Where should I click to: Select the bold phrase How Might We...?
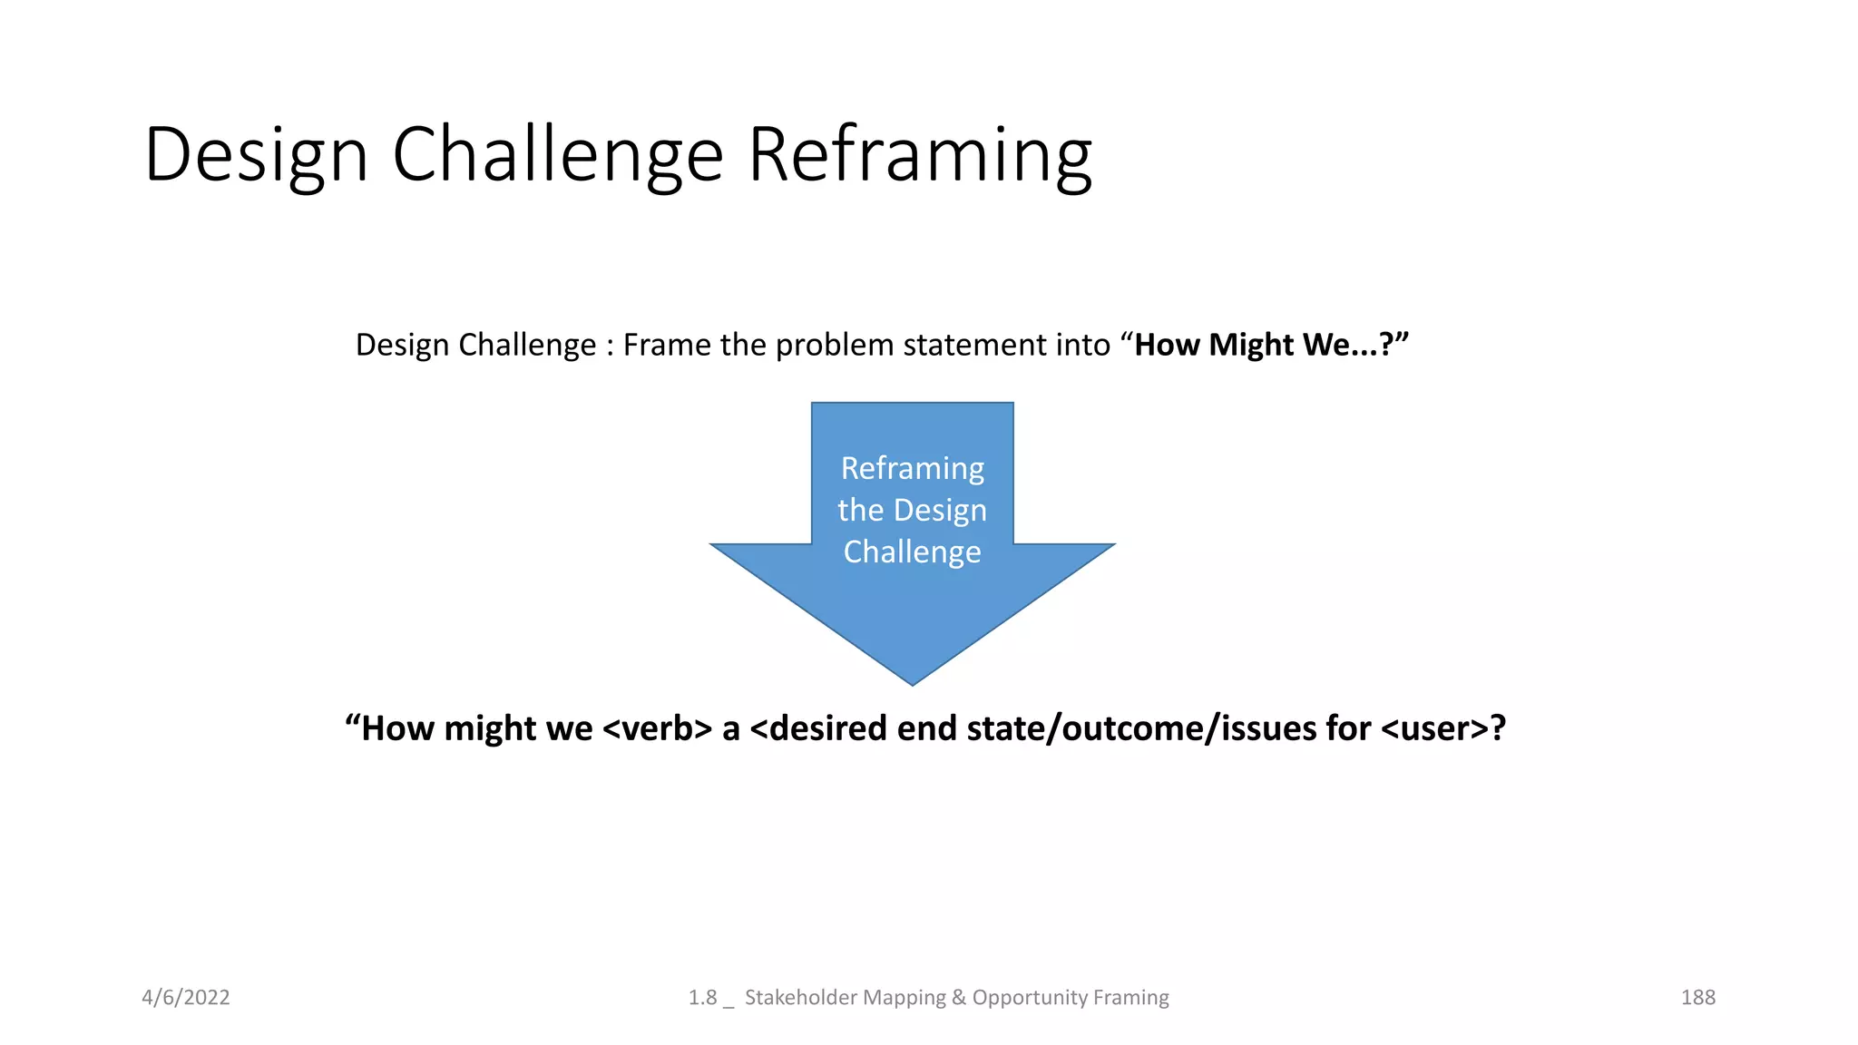coord(1270,345)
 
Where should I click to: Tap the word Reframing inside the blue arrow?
coord(912,468)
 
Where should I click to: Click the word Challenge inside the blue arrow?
coord(912,552)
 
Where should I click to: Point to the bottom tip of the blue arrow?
coord(912,681)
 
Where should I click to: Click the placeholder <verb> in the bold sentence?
coord(657,728)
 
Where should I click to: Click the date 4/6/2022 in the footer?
coord(186,997)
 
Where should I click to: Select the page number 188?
coord(1697,997)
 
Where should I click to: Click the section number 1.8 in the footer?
coord(702,997)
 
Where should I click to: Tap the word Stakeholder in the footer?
coord(799,997)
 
